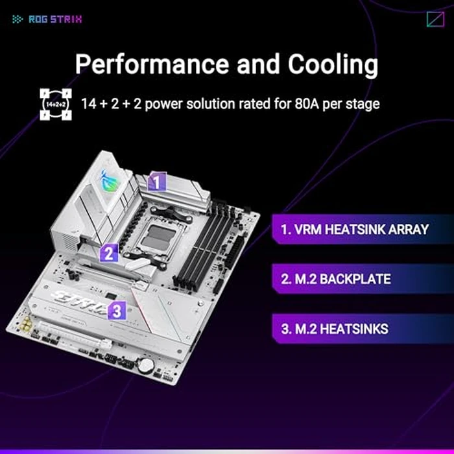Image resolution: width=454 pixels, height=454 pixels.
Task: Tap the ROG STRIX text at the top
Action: tap(56, 19)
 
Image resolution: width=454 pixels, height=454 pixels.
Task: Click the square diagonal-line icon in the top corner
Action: tap(435, 19)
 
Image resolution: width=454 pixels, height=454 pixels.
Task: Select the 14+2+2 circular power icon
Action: tap(54, 104)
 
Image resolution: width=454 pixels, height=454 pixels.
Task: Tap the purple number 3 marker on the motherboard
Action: tap(116, 311)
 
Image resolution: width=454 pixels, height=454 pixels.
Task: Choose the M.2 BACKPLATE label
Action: tap(336, 280)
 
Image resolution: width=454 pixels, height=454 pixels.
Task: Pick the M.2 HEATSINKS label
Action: tap(335, 329)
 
